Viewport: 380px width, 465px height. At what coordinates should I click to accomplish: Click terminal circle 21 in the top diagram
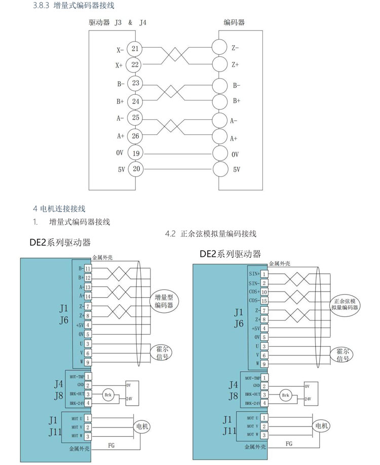(x=135, y=49)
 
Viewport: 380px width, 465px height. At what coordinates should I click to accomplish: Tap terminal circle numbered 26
(x=135, y=136)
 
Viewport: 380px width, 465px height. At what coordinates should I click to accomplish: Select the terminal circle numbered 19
(x=135, y=154)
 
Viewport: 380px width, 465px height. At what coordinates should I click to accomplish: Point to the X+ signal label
(x=119, y=65)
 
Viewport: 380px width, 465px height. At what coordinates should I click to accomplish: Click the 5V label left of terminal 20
(x=121, y=170)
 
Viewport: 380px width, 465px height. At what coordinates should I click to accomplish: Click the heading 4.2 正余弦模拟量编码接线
(x=211, y=234)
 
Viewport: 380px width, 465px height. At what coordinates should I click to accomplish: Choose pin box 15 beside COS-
(x=264, y=301)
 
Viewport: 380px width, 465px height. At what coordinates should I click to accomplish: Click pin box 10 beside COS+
(x=264, y=292)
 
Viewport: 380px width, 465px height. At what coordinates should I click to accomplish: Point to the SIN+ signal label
(x=254, y=274)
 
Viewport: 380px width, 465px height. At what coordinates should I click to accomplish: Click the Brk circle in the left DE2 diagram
(x=107, y=394)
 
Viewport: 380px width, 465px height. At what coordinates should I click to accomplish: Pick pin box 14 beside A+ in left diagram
(x=88, y=296)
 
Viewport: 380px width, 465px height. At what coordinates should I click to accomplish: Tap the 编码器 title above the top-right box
(x=234, y=23)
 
